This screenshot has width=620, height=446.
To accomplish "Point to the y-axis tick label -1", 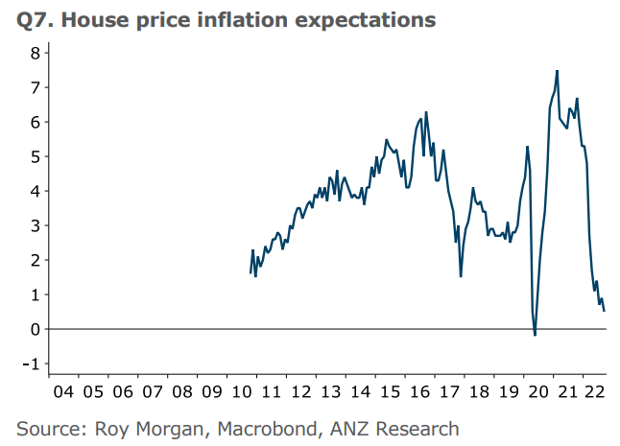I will [31, 364].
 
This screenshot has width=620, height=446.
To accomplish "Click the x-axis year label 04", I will [63, 391].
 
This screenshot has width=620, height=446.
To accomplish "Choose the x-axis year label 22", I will [595, 391].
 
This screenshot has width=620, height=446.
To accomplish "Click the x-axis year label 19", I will [507, 391].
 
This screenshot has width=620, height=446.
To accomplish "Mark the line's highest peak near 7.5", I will [557, 70].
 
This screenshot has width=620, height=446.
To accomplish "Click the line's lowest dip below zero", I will [535, 335].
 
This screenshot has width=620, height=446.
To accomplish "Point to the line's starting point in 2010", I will [250, 273].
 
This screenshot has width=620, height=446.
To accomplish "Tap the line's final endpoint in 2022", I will [604, 311].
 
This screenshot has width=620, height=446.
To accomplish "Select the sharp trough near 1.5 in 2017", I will [461, 276].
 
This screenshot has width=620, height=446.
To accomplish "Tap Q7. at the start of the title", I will [36, 19].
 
